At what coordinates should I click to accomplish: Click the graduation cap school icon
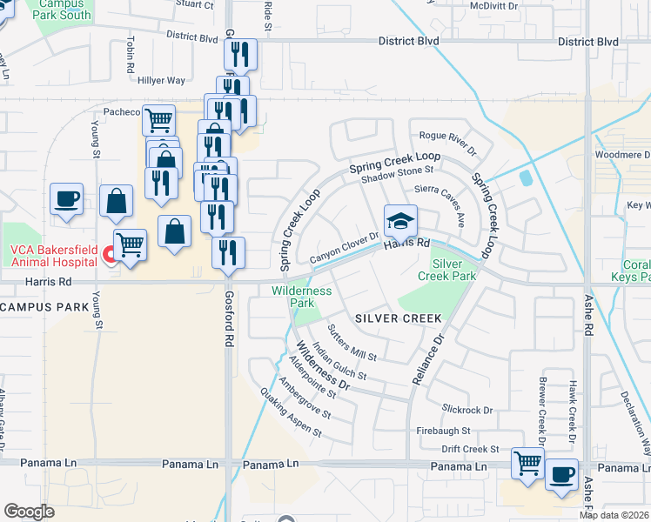coord(400,221)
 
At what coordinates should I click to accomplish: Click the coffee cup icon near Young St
coord(67,199)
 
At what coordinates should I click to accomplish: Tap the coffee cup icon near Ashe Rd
coord(560,475)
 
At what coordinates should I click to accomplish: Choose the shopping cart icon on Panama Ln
coord(527,463)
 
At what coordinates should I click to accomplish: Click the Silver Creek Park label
coord(453,269)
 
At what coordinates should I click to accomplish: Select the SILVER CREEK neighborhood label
coord(399,318)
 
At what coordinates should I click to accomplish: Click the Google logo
coord(30,511)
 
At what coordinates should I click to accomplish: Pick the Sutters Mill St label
coord(352,345)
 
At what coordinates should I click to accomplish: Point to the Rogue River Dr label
coord(448,143)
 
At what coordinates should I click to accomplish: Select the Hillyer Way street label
coord(162,80)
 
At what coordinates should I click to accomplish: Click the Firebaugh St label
coord(443,431)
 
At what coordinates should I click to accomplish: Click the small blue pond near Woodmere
coord(525,177)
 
